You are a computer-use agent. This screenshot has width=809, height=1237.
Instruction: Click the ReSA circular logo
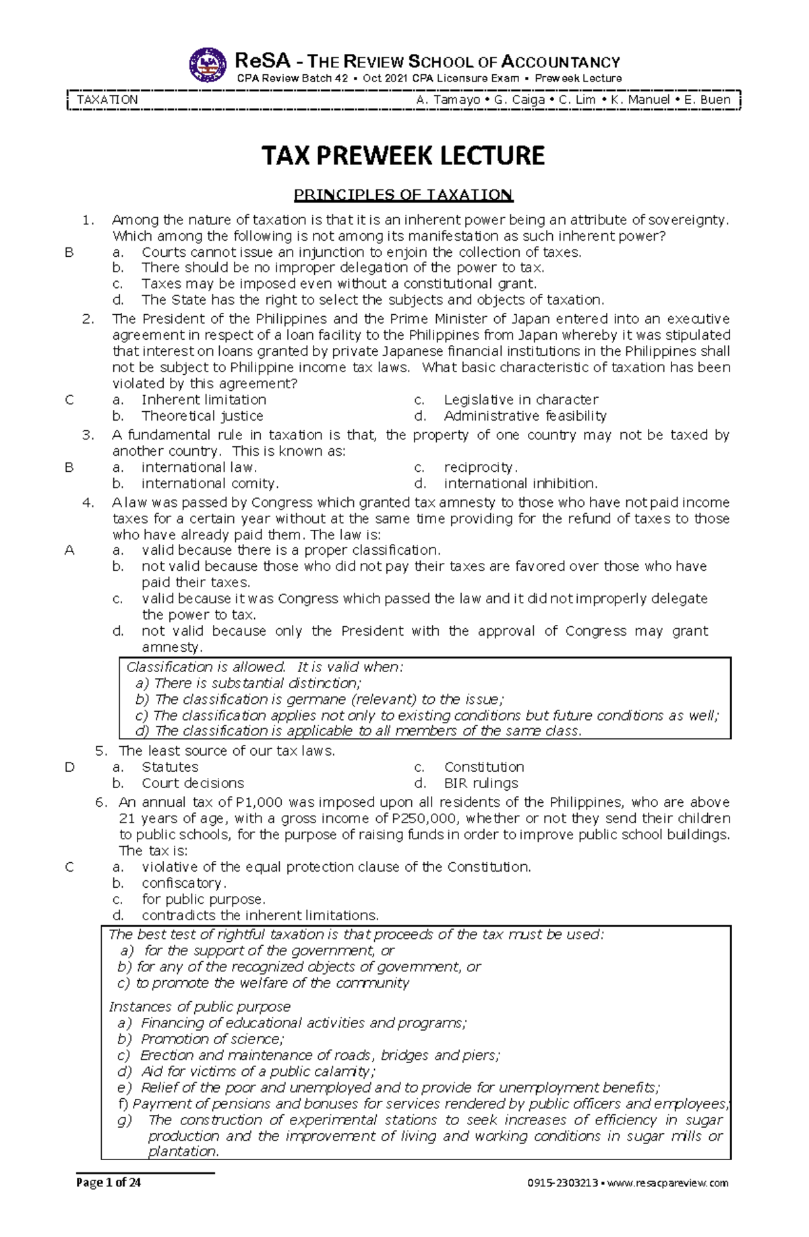pos(208,65)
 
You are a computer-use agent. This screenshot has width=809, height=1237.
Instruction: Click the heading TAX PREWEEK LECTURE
pos(403,156)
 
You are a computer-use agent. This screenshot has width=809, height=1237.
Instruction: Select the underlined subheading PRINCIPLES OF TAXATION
pos(403,195)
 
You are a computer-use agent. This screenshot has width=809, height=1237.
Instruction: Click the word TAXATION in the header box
pos(107,100)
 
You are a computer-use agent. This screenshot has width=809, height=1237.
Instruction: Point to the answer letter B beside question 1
pos(69,252)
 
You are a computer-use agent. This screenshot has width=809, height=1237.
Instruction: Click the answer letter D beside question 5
pos(69,767)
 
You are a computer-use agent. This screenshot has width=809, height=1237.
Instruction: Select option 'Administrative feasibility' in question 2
pos(525,416)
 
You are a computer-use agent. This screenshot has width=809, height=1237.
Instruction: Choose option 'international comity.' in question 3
pos(210,483)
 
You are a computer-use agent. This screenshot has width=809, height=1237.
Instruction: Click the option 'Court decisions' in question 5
pos(193,783)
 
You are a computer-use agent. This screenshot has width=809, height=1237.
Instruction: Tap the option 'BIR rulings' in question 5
pos(481,783)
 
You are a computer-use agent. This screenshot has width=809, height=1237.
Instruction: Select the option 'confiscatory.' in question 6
pos(183,883)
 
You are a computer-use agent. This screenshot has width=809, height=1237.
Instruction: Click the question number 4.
pos(88,502)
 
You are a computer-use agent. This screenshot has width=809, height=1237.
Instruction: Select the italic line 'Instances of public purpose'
pos(200,1006)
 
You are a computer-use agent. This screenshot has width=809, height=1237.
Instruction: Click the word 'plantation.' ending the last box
pos(183,1152)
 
